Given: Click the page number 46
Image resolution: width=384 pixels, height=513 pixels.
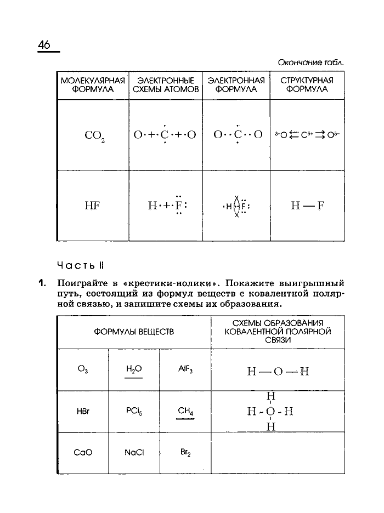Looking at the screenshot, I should tap(44, 45).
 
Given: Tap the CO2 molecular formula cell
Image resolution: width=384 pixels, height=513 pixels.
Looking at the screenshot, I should tap(94, 135).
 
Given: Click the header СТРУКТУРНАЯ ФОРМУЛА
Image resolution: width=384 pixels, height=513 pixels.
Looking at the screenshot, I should tap(307, 85).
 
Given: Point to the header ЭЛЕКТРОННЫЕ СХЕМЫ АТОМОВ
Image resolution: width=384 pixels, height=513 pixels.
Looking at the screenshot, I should tap(165, 85).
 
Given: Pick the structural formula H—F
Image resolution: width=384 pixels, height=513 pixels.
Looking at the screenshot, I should tap(307, 206).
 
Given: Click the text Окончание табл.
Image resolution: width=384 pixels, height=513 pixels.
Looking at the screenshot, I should tap(310, 62).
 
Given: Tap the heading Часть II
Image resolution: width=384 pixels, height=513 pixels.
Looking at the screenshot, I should tap(80, 265).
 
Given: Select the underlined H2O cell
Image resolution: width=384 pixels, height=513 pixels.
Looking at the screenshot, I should tap(134, 369).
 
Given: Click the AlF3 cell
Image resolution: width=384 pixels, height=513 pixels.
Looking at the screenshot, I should tap(184, 369).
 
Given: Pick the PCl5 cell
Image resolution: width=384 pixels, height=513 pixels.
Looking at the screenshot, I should tap(134, 411).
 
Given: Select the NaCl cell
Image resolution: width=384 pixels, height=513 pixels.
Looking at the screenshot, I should tap(134, 453).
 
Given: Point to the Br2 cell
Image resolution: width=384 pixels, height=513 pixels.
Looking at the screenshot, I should tap(184, 453).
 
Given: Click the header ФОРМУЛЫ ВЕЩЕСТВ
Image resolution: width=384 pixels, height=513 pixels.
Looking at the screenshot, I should tap(134, 332).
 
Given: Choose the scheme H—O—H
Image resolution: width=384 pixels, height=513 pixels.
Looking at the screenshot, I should tap(278, 371).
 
